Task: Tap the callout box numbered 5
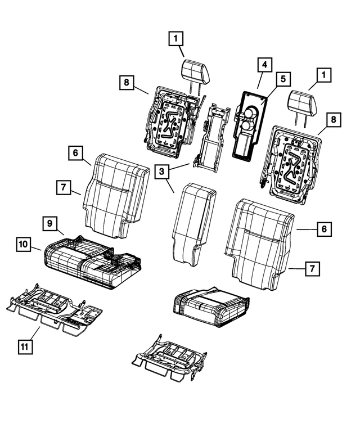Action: [x=283, y=79]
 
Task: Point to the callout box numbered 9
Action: [x=50, y=224]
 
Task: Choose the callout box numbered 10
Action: [x=23, y=245]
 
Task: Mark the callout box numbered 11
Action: [x=23, y=347]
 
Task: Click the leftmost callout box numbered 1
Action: [x=176, y=39]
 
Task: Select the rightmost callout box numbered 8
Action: [x=334, y=119]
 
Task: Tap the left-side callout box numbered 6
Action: [x=76, y=152]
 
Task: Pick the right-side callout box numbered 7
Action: [x=310, y=269]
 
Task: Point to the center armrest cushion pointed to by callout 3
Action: [x=192, y=225]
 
